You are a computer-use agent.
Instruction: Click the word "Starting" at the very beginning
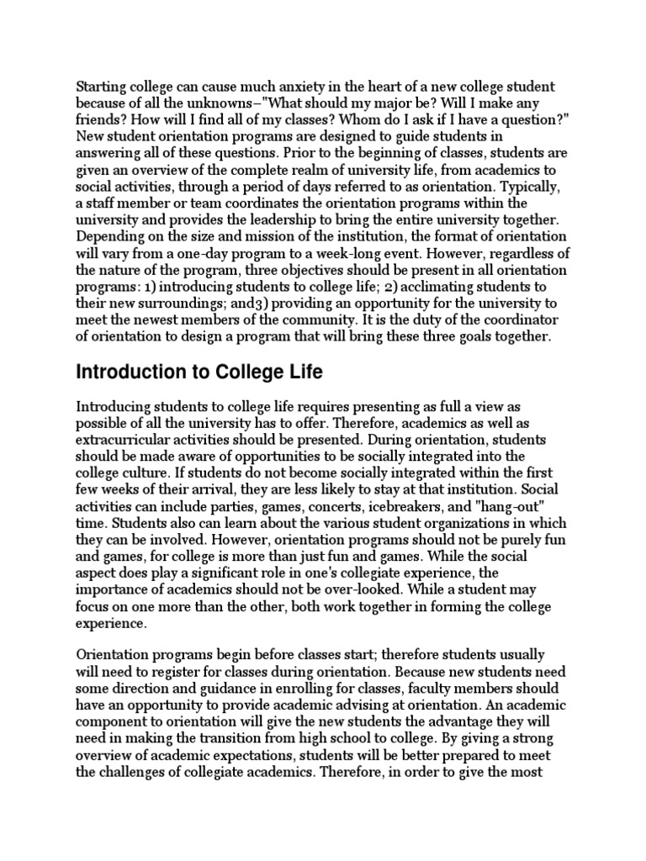(x=100, y=87)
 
